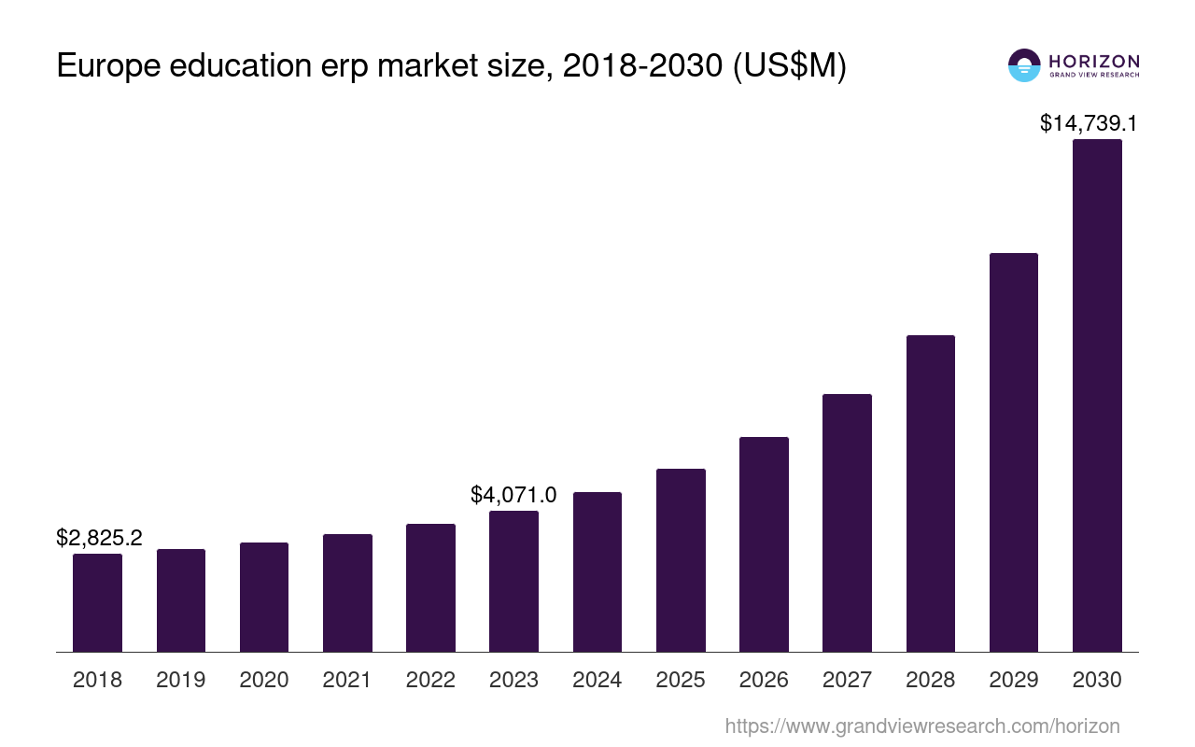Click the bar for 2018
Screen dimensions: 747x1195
coord(97,602)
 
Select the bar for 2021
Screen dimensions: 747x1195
coord(347,593)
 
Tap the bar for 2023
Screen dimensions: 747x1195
coord(513,581)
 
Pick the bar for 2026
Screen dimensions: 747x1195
coord(764,544)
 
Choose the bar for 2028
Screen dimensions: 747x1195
coord(930,493)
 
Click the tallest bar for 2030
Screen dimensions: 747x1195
coord(1097,396)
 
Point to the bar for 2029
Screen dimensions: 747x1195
coord(1014,452)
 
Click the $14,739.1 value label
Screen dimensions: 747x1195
coord(1088,123)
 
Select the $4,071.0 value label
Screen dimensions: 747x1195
coord(513,495)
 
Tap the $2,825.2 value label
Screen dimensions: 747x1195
coord(99,538)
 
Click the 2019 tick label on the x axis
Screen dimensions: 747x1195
coord(180,680)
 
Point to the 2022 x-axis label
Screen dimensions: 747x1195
coord(430,680)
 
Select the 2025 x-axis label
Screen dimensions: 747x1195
coord(681,680)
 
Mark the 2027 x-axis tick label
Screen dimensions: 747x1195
coord(847,680)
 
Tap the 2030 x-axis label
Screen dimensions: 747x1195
coord(1097,680)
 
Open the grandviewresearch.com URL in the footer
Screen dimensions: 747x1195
coord(921,726)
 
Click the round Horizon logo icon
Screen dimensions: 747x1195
coord(1024,65)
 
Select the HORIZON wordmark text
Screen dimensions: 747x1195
coord(1094,61)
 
